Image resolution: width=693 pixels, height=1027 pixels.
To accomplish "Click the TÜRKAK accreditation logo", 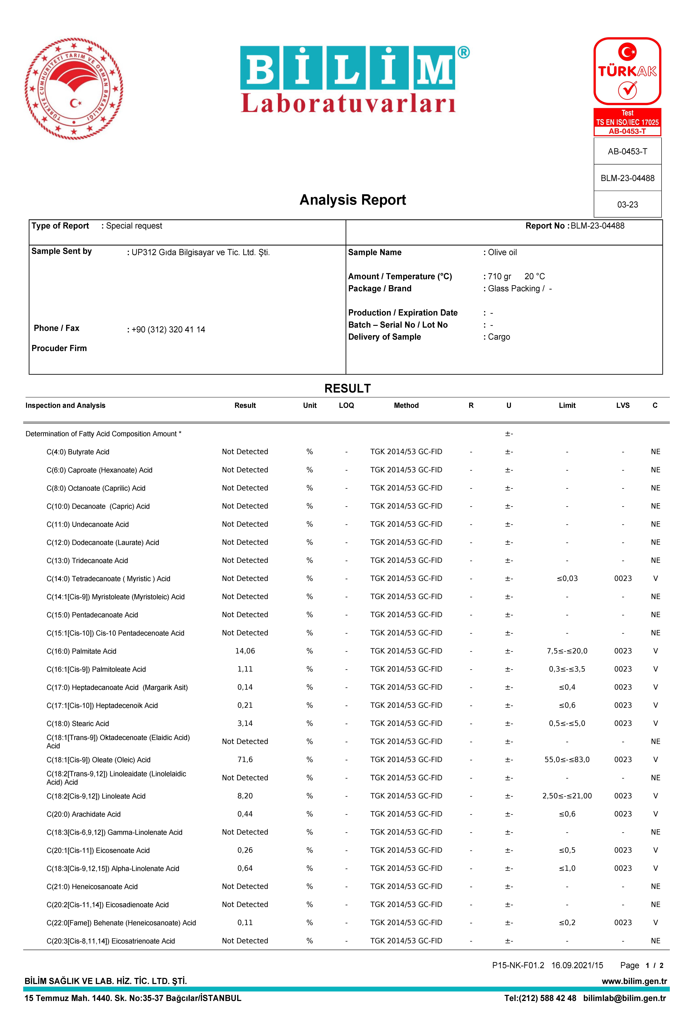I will tap(627, 72).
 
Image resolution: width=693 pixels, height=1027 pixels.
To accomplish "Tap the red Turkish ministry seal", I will tap(74, 89).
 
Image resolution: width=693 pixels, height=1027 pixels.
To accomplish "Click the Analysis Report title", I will tap(353, 200).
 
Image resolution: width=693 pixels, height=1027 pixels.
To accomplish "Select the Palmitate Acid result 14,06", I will tap(245, 651).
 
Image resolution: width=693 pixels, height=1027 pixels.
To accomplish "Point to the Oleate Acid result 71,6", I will tap(245, 760).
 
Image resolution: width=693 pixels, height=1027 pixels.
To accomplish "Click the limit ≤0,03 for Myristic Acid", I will tap(567, 579).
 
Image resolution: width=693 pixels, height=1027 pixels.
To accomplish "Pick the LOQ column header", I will tap(346, 405).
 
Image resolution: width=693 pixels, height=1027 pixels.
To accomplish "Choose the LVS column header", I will tap(623, 405).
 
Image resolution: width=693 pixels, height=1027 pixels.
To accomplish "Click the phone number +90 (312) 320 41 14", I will tap(168, 330).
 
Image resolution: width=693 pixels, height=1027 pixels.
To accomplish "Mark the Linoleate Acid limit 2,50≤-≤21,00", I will tap(567, 796).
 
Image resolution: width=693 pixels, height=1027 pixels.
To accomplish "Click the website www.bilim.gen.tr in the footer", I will tap(634, 981).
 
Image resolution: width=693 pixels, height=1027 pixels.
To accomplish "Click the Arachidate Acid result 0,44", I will tap(245, 814).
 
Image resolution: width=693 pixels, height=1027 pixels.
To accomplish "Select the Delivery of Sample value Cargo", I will tap(499, 337).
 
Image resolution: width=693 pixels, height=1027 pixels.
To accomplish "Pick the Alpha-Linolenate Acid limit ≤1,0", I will tap(567, 868).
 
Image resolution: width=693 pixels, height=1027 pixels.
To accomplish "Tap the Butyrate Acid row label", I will tap(78, 452).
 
